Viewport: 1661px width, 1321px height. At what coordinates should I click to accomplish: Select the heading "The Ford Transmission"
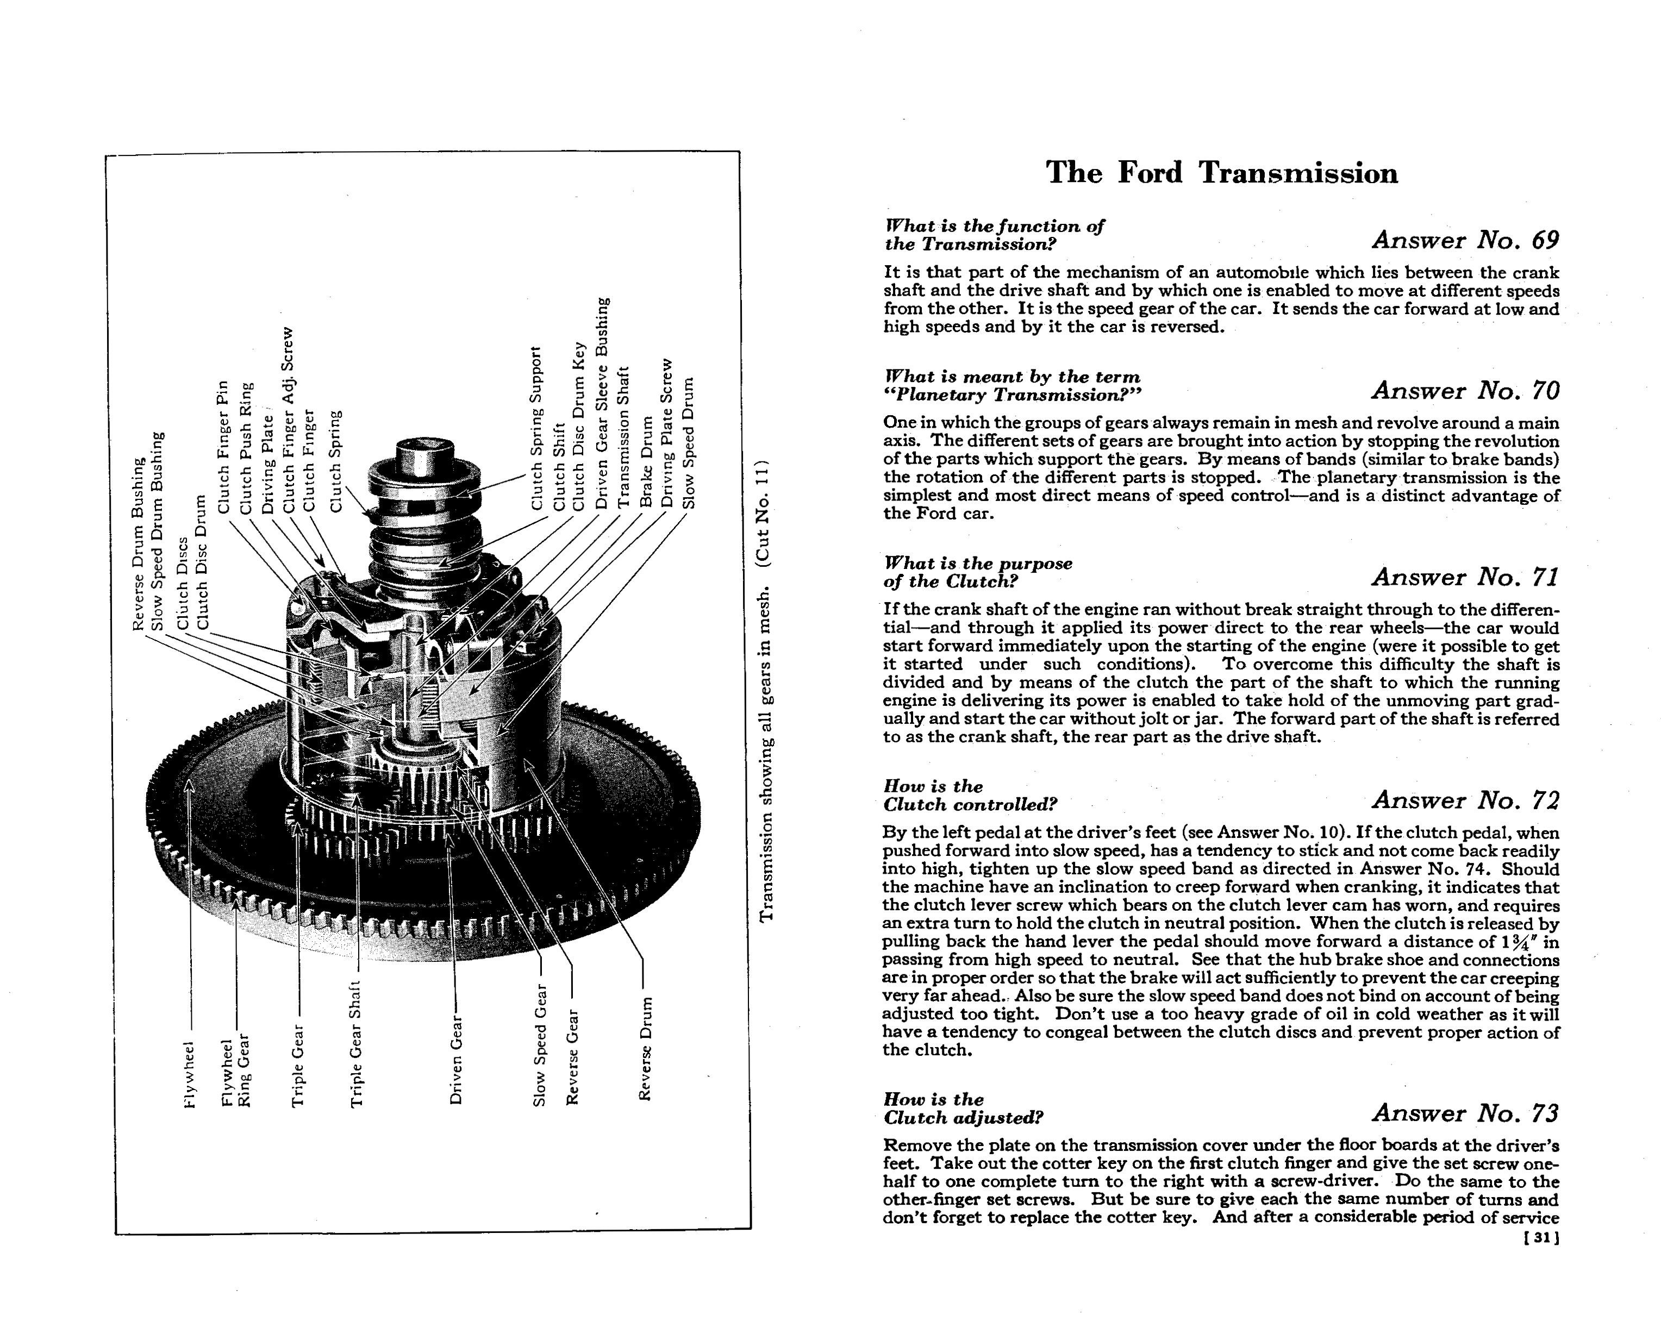1222,173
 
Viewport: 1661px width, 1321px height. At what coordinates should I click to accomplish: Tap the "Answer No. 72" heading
1465,800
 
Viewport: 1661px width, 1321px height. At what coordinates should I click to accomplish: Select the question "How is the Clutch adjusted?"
963,1107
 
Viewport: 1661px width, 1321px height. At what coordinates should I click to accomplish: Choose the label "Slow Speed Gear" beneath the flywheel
539,1046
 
